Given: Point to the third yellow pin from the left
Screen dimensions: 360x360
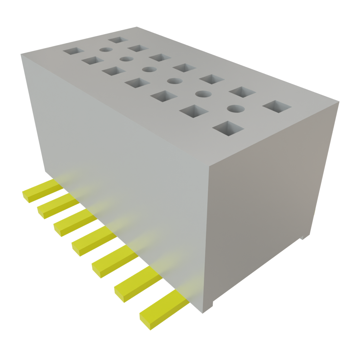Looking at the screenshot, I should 74,224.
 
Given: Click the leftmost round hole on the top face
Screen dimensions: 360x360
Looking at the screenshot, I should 104,50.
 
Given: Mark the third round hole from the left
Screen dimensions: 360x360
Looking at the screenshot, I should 149,69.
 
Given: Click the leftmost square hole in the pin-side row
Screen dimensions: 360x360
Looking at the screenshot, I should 72,51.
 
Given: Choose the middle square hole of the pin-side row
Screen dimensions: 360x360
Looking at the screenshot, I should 137,83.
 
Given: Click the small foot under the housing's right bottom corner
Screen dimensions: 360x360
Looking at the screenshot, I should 303,238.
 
